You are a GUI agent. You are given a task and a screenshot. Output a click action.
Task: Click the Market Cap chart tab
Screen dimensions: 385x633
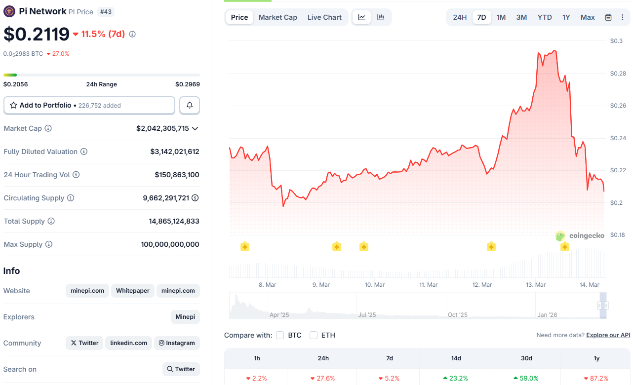pos(277,17)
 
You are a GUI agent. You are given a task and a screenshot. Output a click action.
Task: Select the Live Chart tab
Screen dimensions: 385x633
pos(324,17)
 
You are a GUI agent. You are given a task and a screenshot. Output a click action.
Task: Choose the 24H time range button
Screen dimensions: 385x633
pos(460,17)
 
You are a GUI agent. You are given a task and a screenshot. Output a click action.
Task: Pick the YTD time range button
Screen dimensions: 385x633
pos(545,17)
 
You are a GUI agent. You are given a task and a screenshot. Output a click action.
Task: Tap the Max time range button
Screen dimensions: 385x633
pos(588,17)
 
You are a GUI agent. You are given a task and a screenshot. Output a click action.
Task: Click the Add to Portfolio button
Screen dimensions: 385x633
pos(89,105)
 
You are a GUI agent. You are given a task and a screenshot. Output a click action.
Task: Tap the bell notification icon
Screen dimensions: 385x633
pos(190,105)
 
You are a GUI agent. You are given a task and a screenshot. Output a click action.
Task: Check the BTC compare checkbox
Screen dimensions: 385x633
pos(280,335)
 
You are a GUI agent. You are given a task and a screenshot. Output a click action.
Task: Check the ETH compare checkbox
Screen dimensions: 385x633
pos(314,335)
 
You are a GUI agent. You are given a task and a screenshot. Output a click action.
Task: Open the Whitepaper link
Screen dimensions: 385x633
pos(133,291)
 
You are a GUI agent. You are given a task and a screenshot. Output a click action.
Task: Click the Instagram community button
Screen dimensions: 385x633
pos(177,343)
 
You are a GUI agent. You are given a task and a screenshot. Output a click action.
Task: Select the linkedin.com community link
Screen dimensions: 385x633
pos(128,343)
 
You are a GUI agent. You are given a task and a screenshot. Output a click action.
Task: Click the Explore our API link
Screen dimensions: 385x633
pos(608,335)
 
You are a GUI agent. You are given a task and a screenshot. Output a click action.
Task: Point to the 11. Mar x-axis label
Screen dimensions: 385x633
pos(429,285)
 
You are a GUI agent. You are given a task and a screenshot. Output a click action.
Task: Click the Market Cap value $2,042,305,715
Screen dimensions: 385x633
pos(162,128)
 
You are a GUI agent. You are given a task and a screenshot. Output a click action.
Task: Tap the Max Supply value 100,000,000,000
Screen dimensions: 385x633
pos(170,244)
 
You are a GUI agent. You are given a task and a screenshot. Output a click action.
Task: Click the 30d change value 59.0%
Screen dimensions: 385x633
pos(525,378)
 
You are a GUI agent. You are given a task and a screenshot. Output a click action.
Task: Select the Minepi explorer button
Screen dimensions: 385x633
pos(185,317)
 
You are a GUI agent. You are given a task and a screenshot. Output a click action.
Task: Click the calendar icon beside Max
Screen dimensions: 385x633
pos(608,17)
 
